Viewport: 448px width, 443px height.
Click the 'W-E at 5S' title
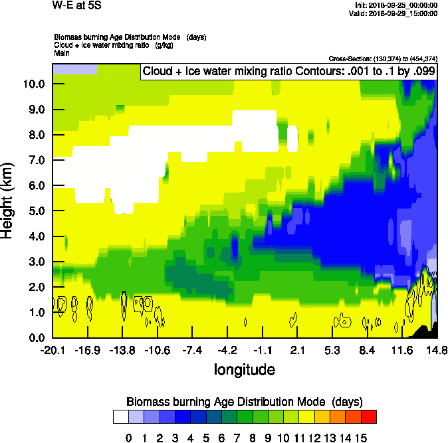pos(76,5)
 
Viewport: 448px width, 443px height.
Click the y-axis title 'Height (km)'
pos(7,201)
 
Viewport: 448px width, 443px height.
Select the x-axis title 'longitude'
pos(244,369)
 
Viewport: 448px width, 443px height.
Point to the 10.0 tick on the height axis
pos(33,84)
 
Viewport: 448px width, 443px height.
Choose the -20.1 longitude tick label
pos(53,350)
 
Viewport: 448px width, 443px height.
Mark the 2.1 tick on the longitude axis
pos(297,350)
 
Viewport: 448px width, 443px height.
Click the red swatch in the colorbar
pos(369,416)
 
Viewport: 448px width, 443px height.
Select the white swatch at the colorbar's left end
pos(120,416)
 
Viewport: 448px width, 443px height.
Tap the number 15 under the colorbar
pos(361,438)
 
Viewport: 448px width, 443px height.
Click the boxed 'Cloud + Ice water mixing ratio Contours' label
pos(288,72)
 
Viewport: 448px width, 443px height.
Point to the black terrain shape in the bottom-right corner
pos(425,330)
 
